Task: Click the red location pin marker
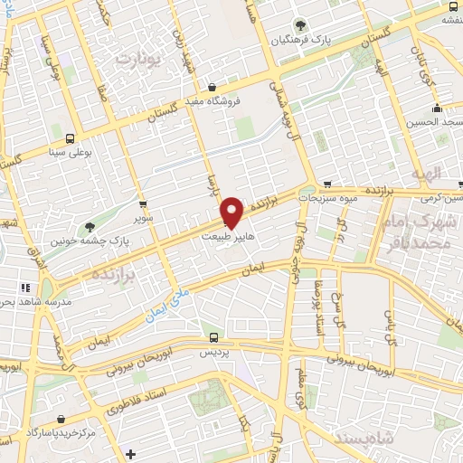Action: click(232, 213)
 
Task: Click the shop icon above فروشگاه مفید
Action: click(212, 88)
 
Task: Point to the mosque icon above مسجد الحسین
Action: click(433, 106)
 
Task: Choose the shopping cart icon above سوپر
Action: click(143, 204)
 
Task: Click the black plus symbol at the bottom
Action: click(130, 453)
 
